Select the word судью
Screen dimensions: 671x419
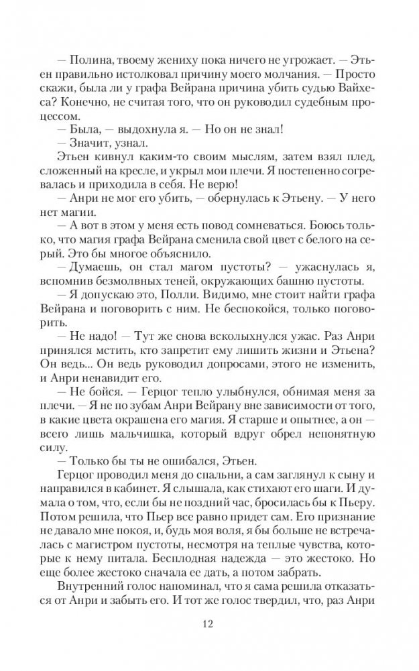click(312, 84)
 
